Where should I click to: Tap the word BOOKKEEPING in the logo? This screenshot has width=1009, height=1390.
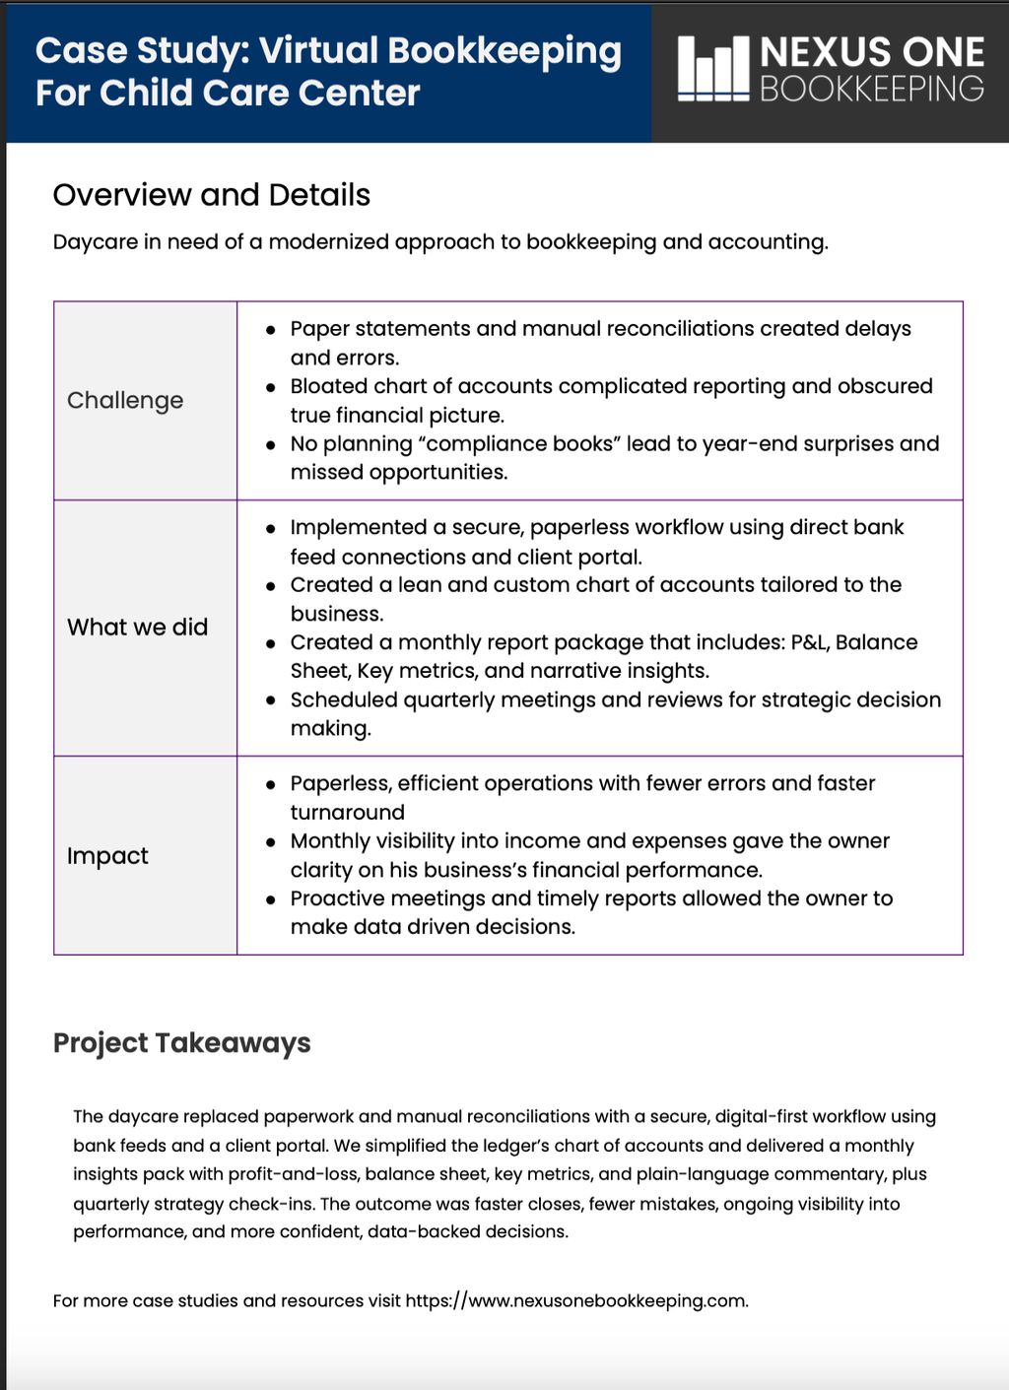pyautogui.click(x=871, y=89)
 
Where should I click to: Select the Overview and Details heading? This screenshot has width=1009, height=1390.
pyautogui.click(x=211, y=195)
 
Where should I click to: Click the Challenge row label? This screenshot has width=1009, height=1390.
pyautogui.click(x=125, y=400)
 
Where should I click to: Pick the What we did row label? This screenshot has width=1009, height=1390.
pyautogui.click(x=137, y=628)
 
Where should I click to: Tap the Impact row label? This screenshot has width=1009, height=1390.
pyautogui.click(x=107, y=856)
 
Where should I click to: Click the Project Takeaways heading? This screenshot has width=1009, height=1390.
pyautogui.click(x=181, y=1043)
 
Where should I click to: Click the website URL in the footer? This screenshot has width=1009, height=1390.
pyautogui.click(x=576, y=1300)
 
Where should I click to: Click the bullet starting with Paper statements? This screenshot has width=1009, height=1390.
pyautogui.click(x=600, y=329)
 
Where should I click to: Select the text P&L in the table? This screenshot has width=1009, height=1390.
pyautogui.click(x=809, y=642)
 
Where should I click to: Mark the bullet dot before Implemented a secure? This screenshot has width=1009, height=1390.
pyautogui.click(x=270, y=529)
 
